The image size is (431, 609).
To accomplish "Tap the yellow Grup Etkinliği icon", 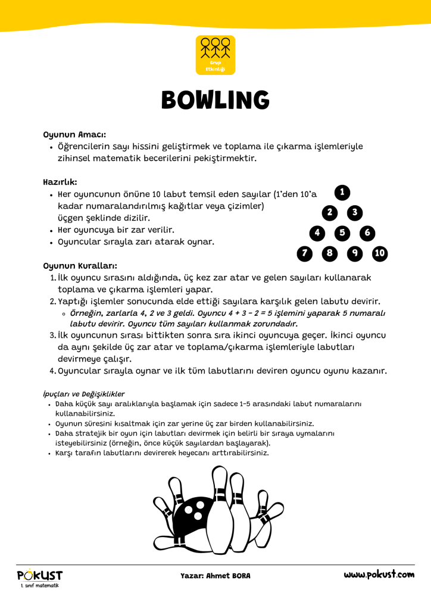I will point(215,55).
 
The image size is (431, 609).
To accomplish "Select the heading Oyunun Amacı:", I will point(74,134).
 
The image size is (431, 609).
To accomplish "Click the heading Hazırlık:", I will point(60,181).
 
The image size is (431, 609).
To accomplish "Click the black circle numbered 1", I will point(342,192).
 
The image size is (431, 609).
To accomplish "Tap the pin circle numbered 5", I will point(342,233).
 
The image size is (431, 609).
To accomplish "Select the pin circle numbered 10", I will point(380,254).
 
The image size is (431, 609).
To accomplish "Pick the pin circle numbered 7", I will point(305,254).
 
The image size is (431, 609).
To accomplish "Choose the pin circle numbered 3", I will point(355,213).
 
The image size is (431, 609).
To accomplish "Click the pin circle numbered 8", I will point(330,254).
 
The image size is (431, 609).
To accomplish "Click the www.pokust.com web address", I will point(379,575).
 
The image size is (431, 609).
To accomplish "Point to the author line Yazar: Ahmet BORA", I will point(215,576).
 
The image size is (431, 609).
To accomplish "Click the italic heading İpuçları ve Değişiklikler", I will point(84,394).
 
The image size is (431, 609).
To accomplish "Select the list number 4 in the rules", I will point(52,371).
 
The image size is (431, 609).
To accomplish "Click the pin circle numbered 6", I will point(367,233).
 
